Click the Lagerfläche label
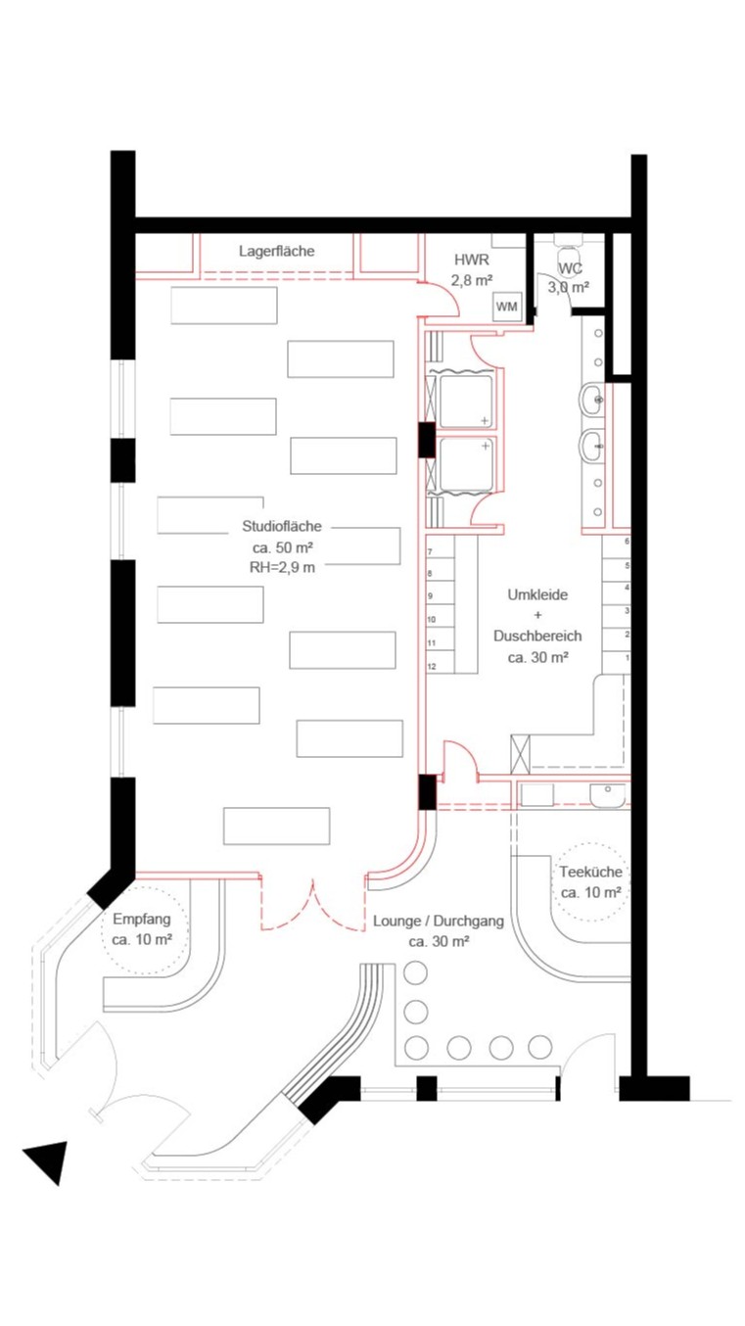tap(276, 252)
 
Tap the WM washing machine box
tap(506, 307)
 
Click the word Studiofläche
tap(281, 526)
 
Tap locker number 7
tap(431, 552)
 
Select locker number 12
tap(431, 666)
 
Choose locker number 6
tap(628, 542)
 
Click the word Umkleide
tap(537, 595)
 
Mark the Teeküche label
tap(590, 872)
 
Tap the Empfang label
tap(142, 920)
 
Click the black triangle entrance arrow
tap(48, 1159)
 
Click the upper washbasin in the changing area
tap(591, 399)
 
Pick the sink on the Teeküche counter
tap(607, 792)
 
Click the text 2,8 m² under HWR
tap(471, 280)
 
